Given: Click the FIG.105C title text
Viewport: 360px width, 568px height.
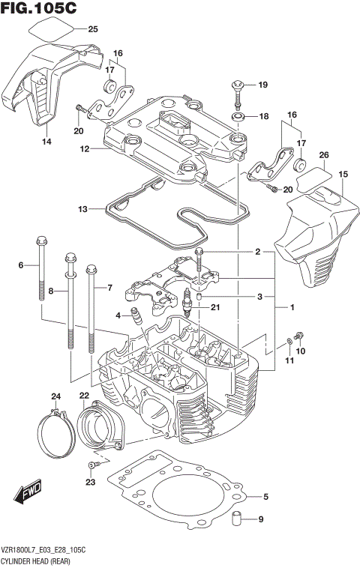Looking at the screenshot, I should tap(43, 10).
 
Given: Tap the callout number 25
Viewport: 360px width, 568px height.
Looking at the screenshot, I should tap(93, 30).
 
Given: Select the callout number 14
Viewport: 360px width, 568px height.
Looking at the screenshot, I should tap(46, 142).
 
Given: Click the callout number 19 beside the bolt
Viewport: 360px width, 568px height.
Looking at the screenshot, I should tap(263, 85).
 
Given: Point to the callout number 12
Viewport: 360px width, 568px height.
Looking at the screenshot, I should tap(85, 149).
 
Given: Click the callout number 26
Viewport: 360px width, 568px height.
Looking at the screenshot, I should tap(324, 156).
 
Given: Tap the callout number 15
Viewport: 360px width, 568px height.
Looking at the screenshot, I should tap(343, 174).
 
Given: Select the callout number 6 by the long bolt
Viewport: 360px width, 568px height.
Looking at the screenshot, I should tap(22, 265).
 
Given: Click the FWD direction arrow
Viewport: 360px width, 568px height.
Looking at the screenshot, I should tap(28, 495).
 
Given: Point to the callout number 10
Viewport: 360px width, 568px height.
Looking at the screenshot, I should tap(301, 351).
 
